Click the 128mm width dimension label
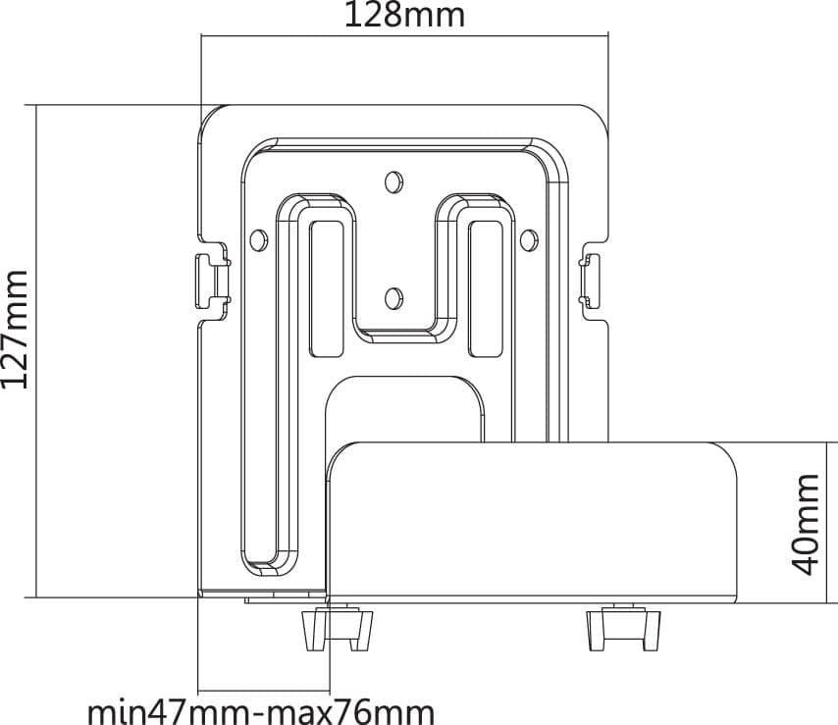404,15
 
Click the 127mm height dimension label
15,330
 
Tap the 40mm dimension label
805,524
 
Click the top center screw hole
393,181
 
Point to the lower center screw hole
393,298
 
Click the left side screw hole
259,240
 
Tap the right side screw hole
529,240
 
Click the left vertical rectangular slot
327,288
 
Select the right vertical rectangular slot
486,288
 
